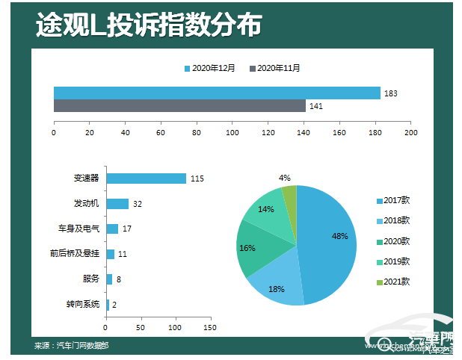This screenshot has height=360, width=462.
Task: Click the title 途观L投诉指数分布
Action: click(149, 25)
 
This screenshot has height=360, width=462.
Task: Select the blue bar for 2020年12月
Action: click(217, 93)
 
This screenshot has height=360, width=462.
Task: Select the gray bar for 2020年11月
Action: click(179, 106)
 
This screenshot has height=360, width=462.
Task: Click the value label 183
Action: click(390, 93)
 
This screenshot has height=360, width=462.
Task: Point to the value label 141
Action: click(315, 107)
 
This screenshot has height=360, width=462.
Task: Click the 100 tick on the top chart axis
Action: click(232, 133)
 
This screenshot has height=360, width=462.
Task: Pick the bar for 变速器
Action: click(146, 179)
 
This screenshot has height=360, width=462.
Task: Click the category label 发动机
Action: click(86, 203)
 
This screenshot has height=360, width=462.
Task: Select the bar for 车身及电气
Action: click(112, 229)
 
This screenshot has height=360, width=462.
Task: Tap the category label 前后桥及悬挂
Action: click(75, 254)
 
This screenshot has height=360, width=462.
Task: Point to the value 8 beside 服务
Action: click(119, 279)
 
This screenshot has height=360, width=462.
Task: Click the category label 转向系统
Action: click(82, 304)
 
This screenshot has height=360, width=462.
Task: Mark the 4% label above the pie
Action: click(284, 178)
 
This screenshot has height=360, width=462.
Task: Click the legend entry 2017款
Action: click(394, 200)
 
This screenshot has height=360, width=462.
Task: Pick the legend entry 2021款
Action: click(394, 282)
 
